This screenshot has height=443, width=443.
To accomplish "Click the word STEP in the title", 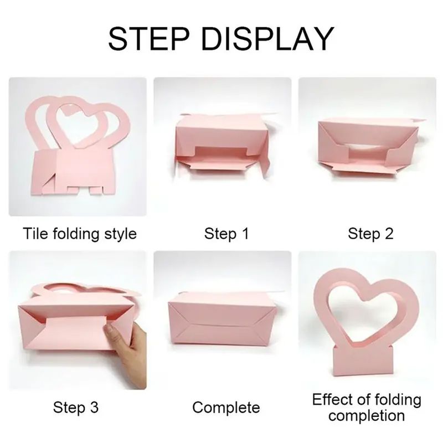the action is click(148, 38).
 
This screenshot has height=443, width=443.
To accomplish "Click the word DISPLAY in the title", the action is click(267, 38).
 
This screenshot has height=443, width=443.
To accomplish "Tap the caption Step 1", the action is click(226, 234).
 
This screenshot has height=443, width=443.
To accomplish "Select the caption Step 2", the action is click(370, 234).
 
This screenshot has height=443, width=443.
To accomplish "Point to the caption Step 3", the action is click(76, 407).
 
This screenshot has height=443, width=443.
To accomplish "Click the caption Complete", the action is click(226, 408).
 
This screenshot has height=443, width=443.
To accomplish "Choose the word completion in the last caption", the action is click(367, 416).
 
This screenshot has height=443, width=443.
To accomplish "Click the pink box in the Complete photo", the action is click(222, 318).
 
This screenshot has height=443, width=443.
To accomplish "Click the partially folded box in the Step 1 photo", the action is click(222, 144).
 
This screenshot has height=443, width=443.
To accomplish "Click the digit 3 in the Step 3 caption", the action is click(94, 407).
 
